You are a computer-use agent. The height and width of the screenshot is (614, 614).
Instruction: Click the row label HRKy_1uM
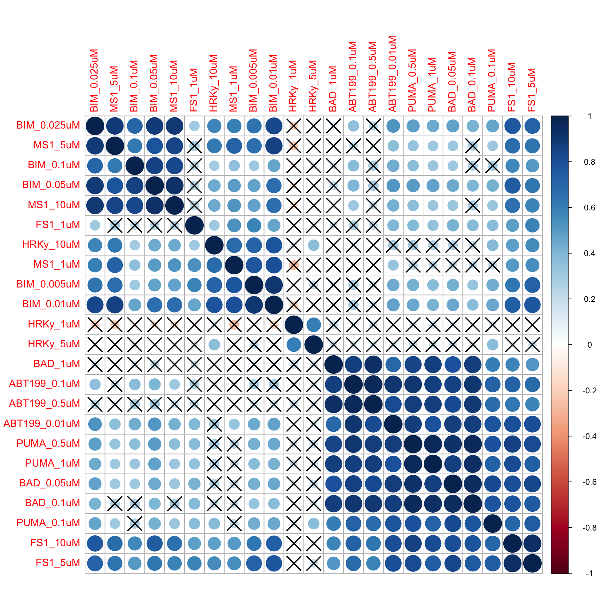[54, 324]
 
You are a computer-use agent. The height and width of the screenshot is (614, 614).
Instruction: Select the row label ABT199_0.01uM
[42, 423]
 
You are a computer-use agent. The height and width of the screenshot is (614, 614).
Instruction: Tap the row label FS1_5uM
[58, 563]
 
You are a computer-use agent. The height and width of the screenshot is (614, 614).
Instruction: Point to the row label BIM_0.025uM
[48, 125]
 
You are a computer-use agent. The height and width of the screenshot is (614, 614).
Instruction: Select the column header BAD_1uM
[333, 89]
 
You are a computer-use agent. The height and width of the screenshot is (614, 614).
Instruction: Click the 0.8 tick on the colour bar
[590, 162]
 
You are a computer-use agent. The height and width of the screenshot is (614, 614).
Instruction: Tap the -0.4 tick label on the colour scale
[589, 436]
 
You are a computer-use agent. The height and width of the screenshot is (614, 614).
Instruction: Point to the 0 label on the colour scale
[590, 345]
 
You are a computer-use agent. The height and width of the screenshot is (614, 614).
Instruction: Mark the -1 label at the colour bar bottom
[589, 573]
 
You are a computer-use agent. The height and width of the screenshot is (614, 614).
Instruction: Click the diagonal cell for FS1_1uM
[194, 225]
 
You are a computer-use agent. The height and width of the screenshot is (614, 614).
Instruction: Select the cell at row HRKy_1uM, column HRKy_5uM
[314, 325]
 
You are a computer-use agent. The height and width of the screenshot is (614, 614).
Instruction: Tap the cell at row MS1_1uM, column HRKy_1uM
[294, 265]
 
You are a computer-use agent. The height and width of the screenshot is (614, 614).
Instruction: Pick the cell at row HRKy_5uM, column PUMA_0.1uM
[492, 344]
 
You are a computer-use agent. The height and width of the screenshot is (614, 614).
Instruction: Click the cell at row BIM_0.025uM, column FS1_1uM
[194, 126]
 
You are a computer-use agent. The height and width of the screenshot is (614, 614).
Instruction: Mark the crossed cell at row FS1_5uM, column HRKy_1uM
[294, 563]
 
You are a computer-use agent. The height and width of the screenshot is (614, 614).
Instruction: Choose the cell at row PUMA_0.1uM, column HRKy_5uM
[314, 523]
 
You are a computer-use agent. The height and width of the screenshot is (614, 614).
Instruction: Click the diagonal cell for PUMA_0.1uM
[492, 523]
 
